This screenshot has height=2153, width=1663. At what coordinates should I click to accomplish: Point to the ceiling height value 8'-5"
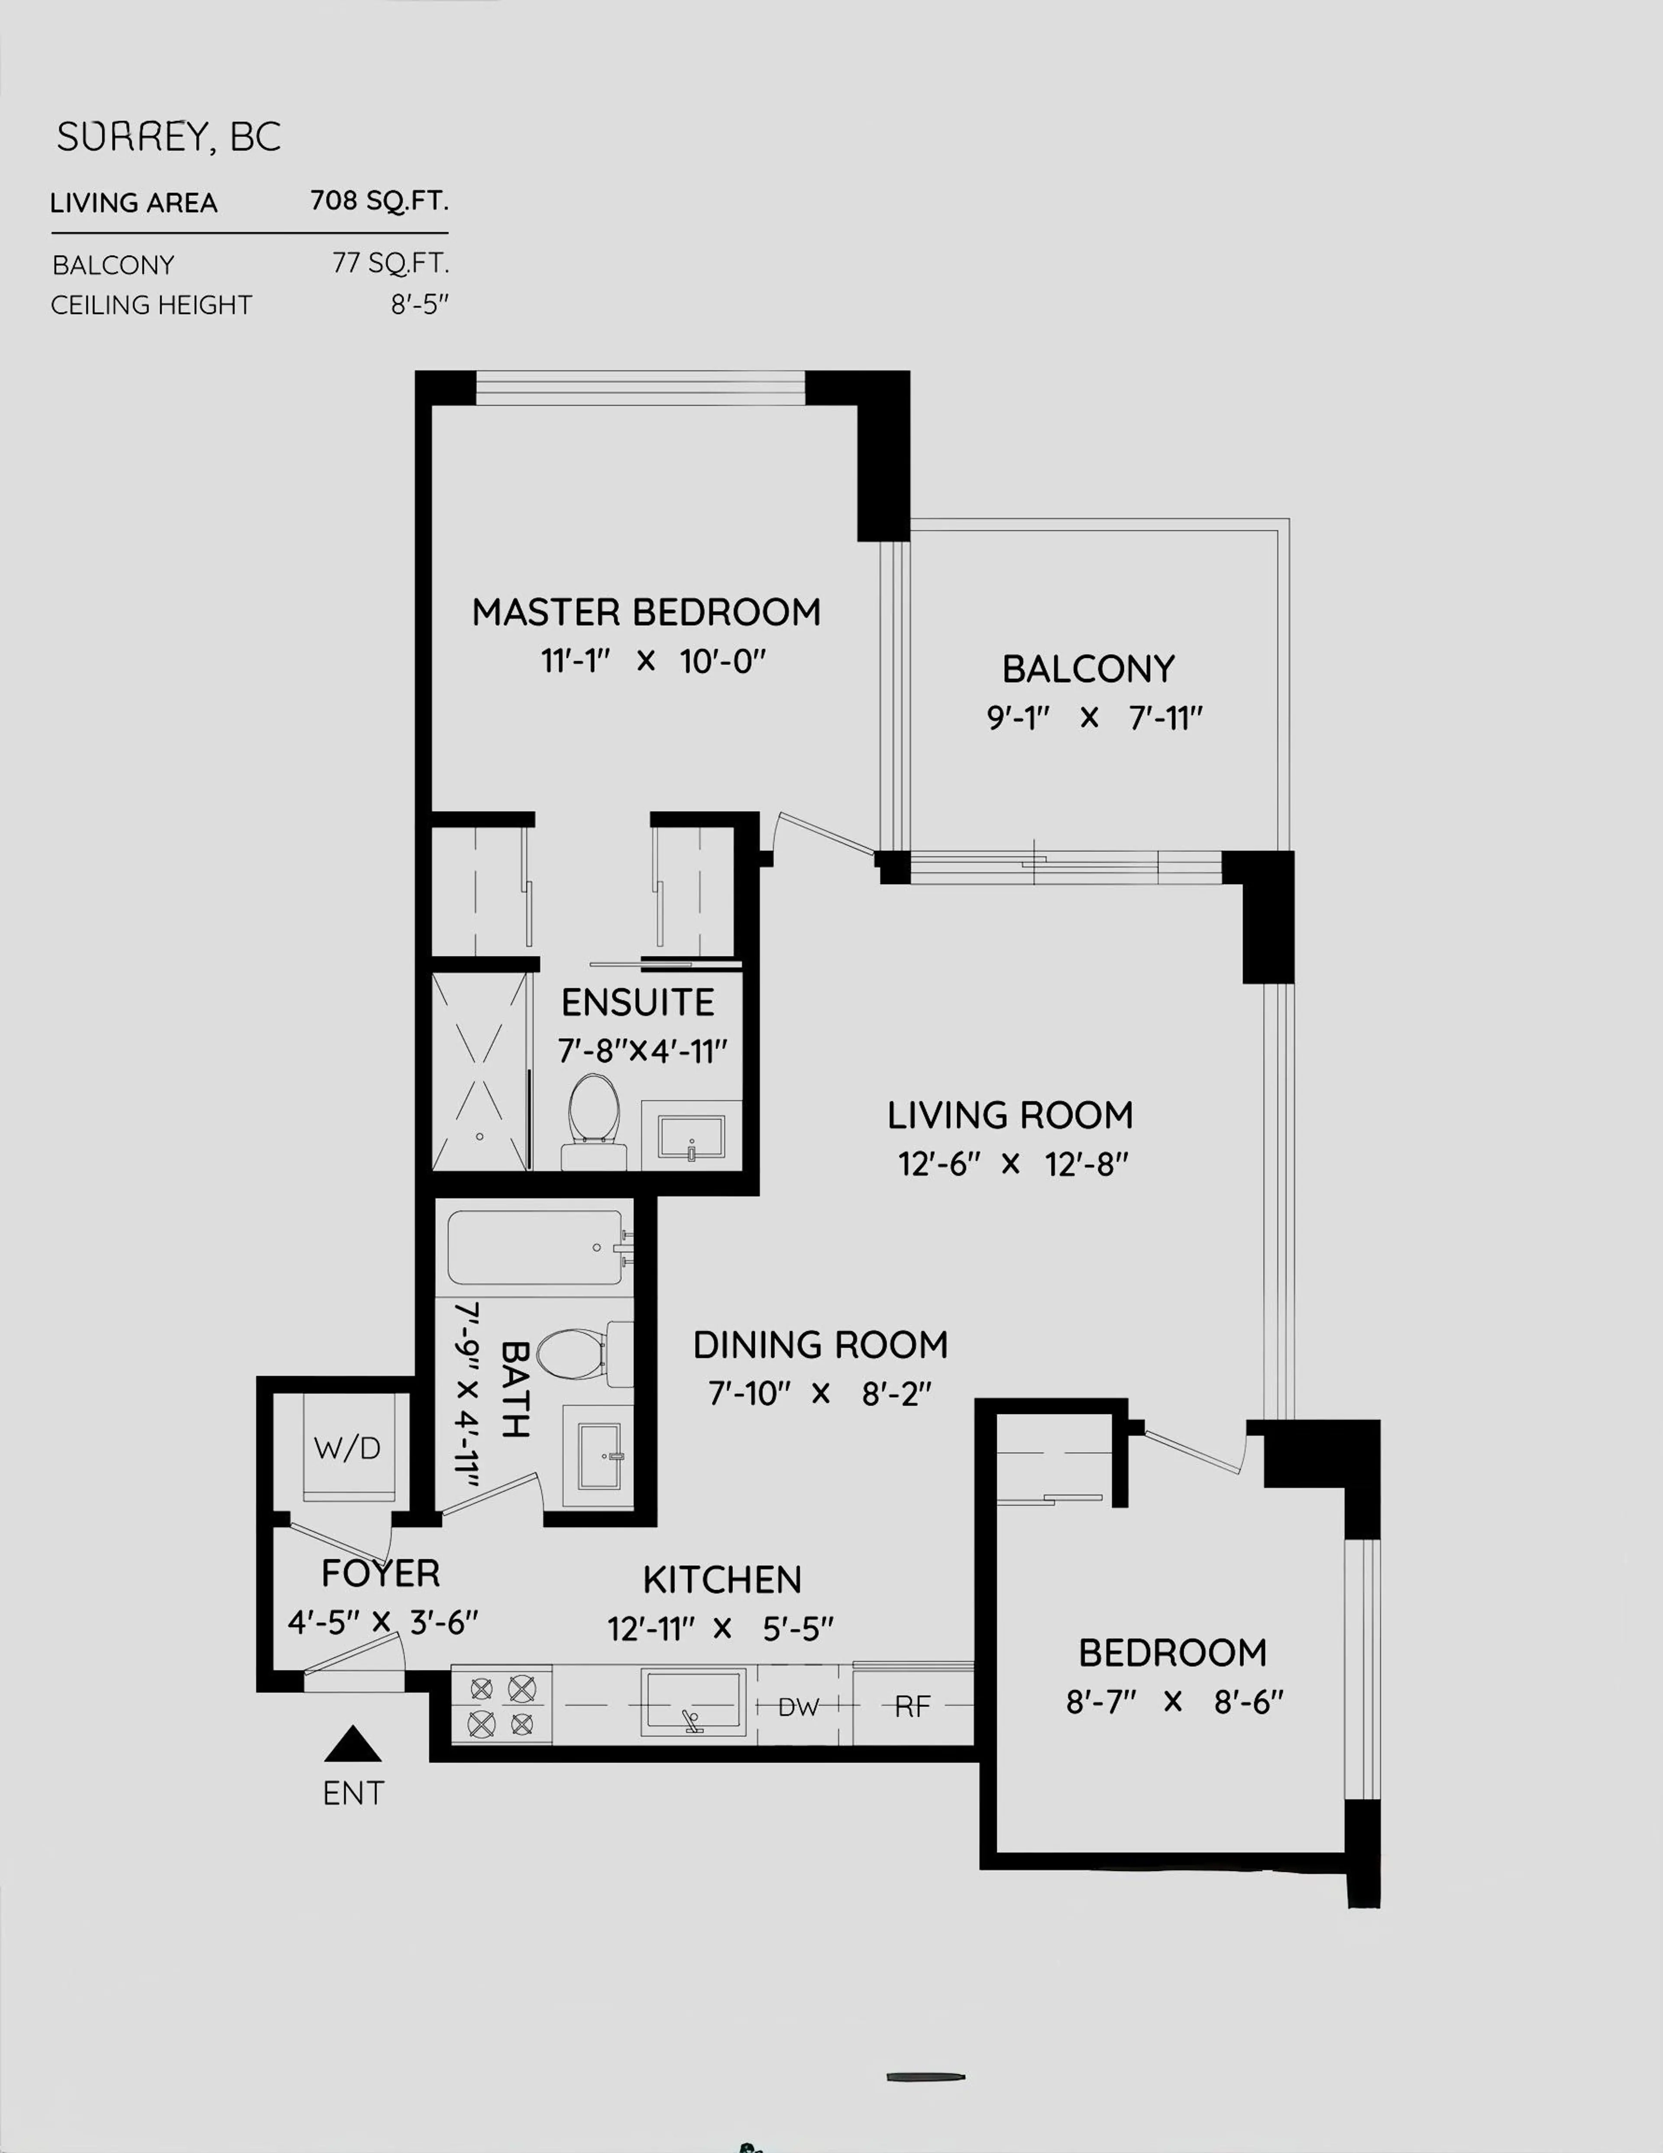419,305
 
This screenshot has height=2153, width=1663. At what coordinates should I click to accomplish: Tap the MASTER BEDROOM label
646,612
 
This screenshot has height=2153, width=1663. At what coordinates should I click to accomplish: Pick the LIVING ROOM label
1009,1115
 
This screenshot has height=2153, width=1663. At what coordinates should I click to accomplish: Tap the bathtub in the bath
535,1247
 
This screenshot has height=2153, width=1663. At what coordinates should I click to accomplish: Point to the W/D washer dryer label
347,1448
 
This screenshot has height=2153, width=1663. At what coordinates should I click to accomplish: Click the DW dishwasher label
799,1706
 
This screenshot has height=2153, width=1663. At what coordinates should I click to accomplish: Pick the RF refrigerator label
912,1706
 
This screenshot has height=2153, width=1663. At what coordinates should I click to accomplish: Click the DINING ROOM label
820,1345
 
